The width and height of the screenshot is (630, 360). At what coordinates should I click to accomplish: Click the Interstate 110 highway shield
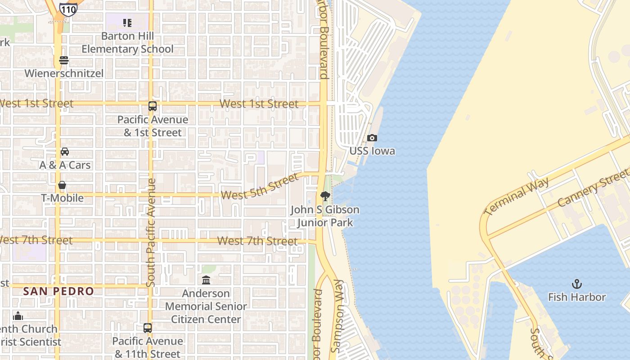click(67, 9)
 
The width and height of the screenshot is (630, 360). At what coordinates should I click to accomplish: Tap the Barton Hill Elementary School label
click(127, 42)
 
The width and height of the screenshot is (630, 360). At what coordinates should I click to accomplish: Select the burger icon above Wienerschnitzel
click(64, 60)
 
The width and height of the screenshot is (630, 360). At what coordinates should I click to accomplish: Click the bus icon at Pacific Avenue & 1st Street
click(153, 106)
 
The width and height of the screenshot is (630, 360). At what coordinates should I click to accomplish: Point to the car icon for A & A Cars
click(65, 152)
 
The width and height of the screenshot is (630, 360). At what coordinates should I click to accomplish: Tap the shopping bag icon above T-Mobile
click(62, 185)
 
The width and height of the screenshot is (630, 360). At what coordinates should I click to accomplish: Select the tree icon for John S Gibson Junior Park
click(325, 196)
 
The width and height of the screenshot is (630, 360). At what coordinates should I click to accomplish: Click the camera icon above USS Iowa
click(372, 138)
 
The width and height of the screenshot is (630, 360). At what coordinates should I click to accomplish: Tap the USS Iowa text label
click(372, 151)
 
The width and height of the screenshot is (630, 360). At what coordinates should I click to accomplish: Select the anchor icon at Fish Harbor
click(576, 284)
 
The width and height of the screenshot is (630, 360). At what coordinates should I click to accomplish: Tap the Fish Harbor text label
click(576, 297)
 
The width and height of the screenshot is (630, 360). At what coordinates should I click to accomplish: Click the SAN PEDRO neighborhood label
click(58, 291)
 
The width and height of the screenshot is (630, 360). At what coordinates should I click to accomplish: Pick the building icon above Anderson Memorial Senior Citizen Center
click(206, 280)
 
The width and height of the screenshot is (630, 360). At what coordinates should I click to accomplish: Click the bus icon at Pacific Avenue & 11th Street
click(148, 328)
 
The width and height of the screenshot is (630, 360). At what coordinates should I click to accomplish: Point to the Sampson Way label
click(337, 316)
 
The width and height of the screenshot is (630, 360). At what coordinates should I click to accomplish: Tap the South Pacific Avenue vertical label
click(151, 233)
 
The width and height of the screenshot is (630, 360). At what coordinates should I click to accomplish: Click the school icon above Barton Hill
click(127, 22)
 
